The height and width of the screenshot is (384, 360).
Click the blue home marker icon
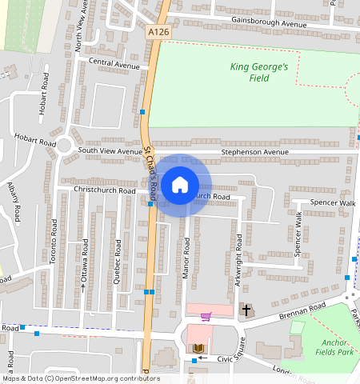click(x=180, y=185)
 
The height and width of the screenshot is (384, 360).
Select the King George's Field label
click(x=258, y=73)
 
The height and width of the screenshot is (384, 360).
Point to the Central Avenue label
click(x=114, y=63)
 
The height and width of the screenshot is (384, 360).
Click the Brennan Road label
click(x=302, y=309)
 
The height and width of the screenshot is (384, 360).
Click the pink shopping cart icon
click(x=206, y=316)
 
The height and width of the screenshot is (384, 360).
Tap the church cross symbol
click(x=246, y=309)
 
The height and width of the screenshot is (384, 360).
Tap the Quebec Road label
click(x=118, y=255)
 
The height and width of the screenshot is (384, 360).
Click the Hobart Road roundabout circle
click(x=64, y=146)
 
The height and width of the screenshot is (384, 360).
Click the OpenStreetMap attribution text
click(x=80, y=378)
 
